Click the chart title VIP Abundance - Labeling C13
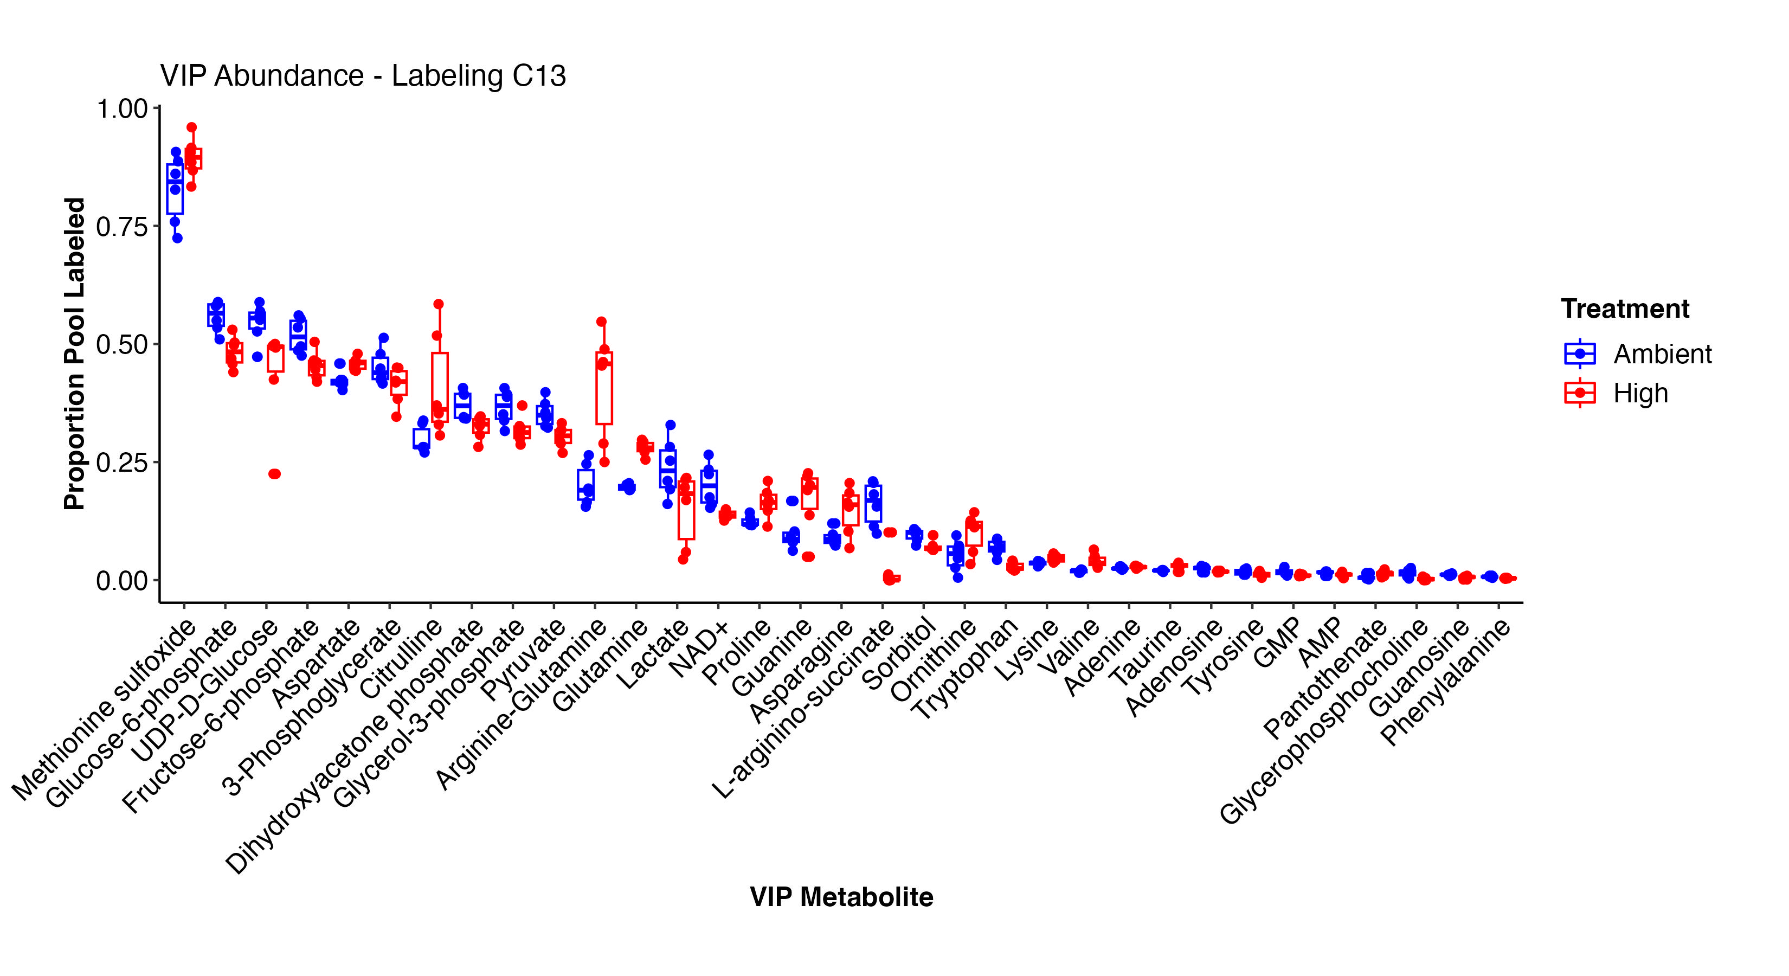point(363,76)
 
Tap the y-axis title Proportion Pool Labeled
point(74,354)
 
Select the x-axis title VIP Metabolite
point(841,897)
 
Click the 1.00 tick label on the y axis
point(122,109)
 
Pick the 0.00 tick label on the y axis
point(122,580)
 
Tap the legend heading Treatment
point(1625,309)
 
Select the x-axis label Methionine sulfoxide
point(104,709)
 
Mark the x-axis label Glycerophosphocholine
point(1323,722)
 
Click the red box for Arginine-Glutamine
point(604,388)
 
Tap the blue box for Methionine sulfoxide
point(175,189)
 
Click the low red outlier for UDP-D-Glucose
point(274,474)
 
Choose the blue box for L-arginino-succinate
point(874,503)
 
